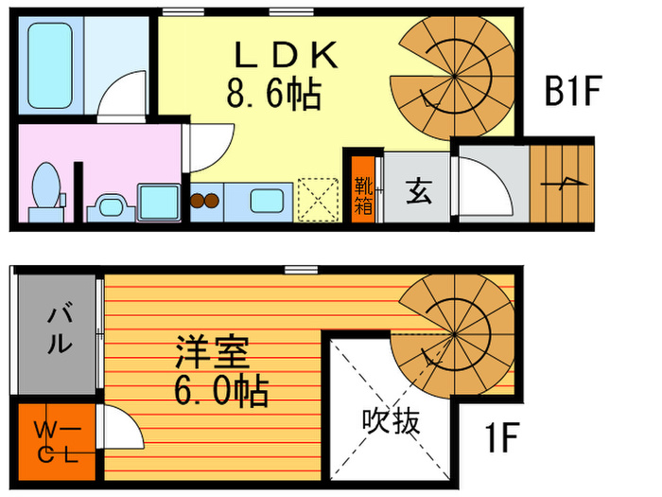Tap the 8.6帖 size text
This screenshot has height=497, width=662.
[x=273, y=93]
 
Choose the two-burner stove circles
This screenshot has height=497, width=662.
[x=205, y=201]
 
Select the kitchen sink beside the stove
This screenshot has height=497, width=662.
[x=269, y=202]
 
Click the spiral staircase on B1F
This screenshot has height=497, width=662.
[x=451, y=79]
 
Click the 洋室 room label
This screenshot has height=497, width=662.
[x=212, y=355]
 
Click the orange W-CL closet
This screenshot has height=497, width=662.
[x=54, y=440]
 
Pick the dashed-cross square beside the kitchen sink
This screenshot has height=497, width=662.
[x=319, y=200]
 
